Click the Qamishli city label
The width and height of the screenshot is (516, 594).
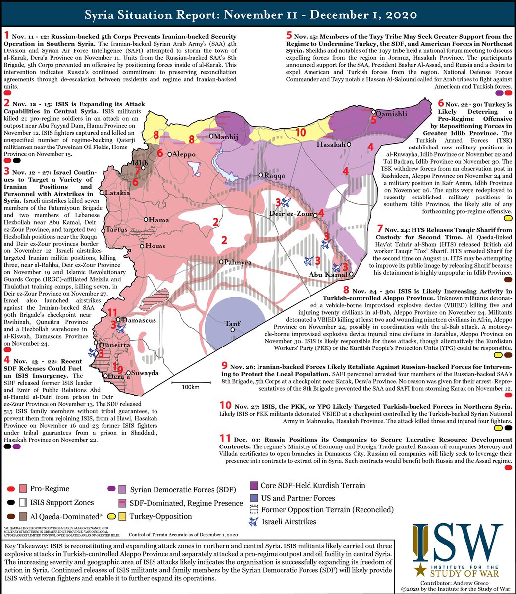click(393, 113)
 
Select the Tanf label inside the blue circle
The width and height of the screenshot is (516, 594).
click(233, 324)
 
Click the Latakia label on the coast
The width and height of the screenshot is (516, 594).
click(117, 192)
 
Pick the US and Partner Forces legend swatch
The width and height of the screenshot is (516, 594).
click(254, 498)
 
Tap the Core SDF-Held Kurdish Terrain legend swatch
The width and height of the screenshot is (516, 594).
click(254, 485)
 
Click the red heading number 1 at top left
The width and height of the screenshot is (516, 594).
click(6, 36)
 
